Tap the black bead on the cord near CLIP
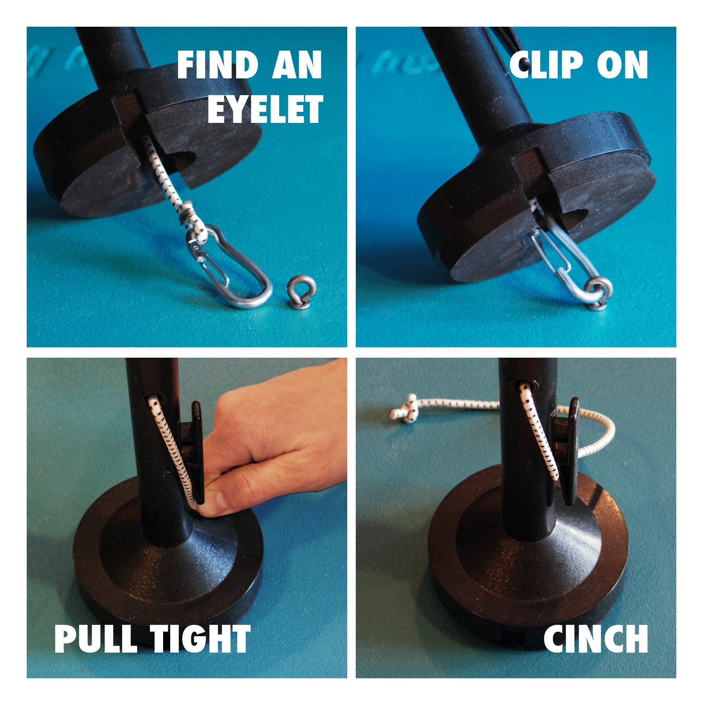[x=524, y=63]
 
